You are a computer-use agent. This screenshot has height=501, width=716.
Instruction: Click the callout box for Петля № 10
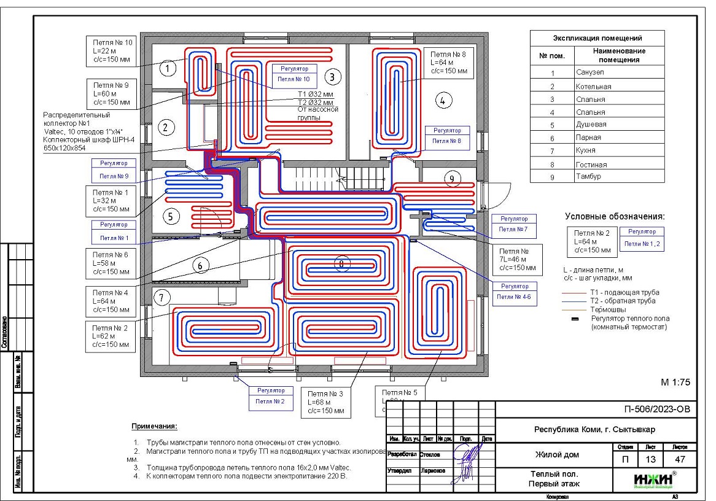pos(111,51)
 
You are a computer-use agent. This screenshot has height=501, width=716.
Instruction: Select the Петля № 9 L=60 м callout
pos(111,93)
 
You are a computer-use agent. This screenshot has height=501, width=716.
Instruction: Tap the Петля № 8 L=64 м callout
pos(448,63)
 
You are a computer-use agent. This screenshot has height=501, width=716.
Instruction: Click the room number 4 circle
pos(445,99)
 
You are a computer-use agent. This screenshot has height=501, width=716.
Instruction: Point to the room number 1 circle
pos(168,68)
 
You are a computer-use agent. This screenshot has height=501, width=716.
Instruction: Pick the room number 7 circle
pos(161,298)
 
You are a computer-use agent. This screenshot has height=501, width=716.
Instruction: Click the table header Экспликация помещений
pos(597,38)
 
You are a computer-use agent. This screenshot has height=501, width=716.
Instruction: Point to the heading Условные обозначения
pos(615,216)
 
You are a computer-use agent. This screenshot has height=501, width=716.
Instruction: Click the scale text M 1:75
pos(675,382)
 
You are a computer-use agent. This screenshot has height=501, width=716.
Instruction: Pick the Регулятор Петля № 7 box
pos(513,224)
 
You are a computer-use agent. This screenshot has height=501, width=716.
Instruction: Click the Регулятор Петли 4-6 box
pos(514,293)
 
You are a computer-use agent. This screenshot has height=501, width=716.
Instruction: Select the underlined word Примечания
pos(154,426)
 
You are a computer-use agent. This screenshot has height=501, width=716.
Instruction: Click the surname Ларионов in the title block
pos(433,471)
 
